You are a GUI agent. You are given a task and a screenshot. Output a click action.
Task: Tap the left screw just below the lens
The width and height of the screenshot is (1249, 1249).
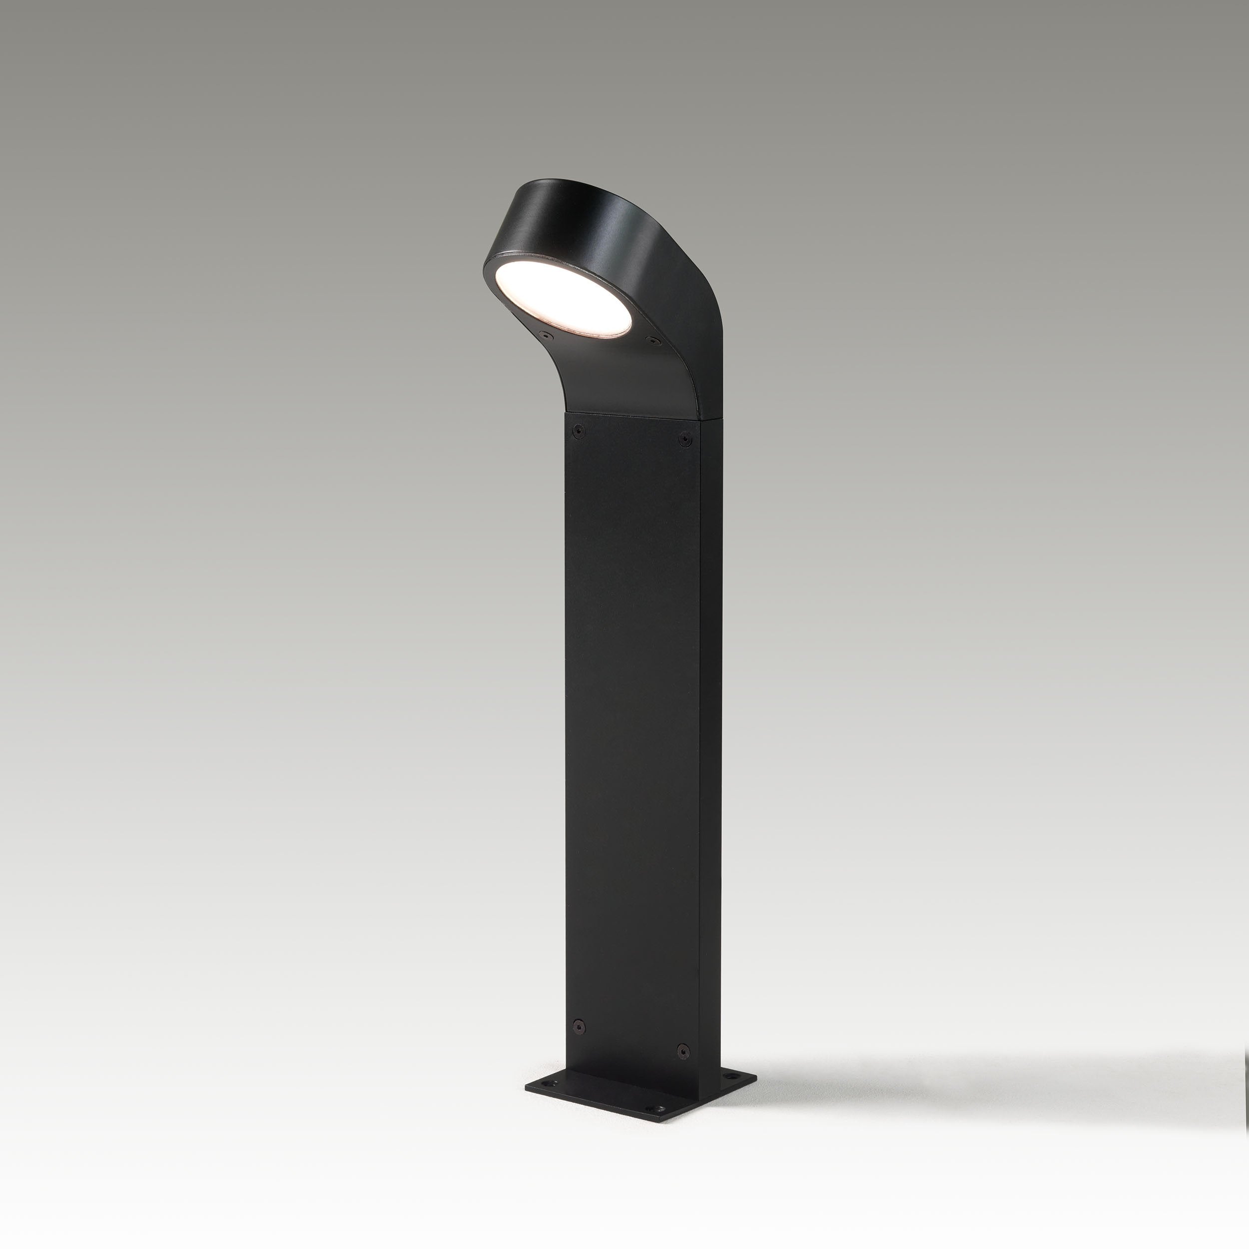[x=545, y=336]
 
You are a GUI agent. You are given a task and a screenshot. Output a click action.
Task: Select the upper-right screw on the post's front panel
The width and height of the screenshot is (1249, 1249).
[x=683, y=440]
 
